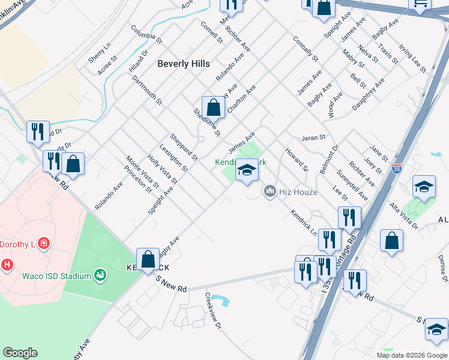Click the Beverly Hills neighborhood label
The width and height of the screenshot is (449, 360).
point(184,64)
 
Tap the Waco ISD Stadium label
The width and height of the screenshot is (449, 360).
point(56,276)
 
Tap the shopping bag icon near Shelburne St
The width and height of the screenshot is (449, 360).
point(213,108)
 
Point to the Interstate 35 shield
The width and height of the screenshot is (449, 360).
point(396,169)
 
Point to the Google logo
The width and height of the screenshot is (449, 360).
point(20,353)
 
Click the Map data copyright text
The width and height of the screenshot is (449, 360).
point(412,355)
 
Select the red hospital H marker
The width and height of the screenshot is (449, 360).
point(7,264)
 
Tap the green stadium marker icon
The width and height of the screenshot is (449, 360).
point(100,275)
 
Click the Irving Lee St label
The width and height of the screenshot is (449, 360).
point(412,58)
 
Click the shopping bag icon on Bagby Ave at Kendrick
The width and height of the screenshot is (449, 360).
point(148,260)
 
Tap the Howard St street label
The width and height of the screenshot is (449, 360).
point(296,160)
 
